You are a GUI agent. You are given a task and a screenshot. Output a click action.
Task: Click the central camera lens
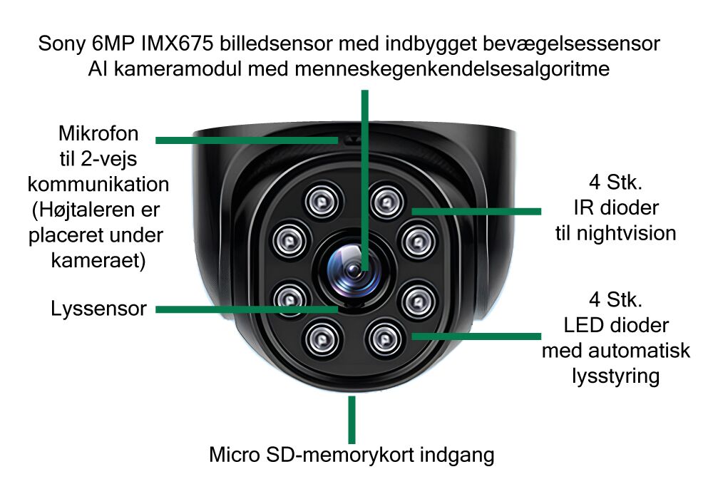click(354, 272)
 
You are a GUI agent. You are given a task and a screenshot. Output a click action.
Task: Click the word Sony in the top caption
click(61, 44)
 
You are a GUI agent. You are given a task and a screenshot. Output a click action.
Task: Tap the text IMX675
click(177, 44)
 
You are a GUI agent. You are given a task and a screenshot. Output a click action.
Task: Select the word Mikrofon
click(98, 133)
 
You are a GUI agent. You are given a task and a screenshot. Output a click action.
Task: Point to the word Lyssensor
click(98, 309)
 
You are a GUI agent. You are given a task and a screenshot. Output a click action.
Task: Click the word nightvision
click(626, 234)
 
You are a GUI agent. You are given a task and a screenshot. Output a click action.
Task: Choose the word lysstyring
click(615, 376)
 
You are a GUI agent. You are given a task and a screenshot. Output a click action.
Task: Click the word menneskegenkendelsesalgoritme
click(451, 69)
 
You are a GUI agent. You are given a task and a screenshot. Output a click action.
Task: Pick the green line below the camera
click(352, 419)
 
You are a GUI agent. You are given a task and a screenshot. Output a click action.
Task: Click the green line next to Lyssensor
click(247, 309)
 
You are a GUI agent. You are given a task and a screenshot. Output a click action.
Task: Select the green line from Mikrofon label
click(247, 140)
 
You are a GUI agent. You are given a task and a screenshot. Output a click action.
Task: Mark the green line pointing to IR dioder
click(476, 211)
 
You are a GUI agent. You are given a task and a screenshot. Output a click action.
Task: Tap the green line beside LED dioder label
click(476, 336)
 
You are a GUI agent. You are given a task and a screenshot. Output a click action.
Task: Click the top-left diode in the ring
click(322, 201)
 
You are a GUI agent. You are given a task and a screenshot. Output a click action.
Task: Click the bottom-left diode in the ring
click(322, 339)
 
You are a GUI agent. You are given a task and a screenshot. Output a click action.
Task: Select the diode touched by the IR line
click(387, 201)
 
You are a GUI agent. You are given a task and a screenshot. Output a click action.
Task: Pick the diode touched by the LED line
click(385, 339)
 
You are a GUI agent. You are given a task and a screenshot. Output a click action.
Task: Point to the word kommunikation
click(98, 185)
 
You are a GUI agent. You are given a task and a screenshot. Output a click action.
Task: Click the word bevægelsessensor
click(570, 44)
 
